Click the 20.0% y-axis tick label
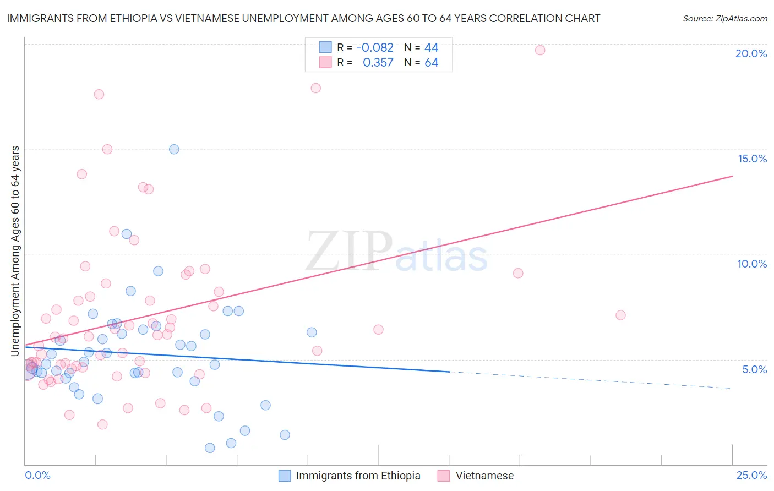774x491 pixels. (x=751, y=53)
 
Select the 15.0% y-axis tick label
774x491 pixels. (x=752, y=159)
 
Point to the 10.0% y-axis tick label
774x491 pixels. (x=752, y=264)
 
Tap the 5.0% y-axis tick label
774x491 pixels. (x=754, y=369)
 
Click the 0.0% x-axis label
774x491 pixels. (x=37, y=475)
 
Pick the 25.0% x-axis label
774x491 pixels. (x=751, y=475)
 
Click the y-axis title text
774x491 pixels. (x=15, y=250)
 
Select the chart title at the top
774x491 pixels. (x=303, y=18)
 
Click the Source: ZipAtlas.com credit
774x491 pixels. (x=724, y=18)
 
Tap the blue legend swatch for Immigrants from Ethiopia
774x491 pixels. (x=285, y=476)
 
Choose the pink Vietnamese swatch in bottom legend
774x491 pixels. (x=444, y=476)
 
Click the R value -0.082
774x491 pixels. (x=375, y=47)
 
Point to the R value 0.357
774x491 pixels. (x=378, y=62)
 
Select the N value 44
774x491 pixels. (x=431, y=47)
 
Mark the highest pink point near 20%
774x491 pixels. (x=540, y=50)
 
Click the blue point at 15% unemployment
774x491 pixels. (x=174, y=149)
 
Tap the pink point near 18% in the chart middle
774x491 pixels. (x=315, y=88)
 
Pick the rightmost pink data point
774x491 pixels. (x=620, y=315)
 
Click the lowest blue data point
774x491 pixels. (x=210, y=448)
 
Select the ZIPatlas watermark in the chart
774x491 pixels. (x=396, y=252)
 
